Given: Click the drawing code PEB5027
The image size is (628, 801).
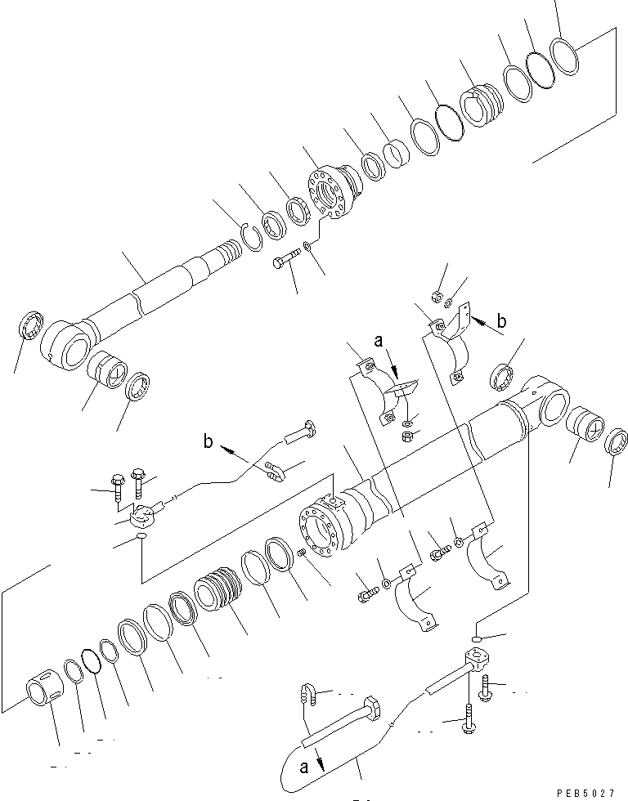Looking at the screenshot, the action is (x=585, y=793).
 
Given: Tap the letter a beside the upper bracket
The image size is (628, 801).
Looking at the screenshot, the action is (x=378, y=341).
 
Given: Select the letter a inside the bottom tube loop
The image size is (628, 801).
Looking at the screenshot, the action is (x=304, y=767).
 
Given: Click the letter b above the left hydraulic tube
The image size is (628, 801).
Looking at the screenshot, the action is (x=208, y=441).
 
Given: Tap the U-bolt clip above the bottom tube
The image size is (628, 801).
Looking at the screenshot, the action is (x=308, y=693).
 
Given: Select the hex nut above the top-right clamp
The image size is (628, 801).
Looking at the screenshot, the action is (x=436, y=296).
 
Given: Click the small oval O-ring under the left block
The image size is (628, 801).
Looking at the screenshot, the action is (x=141, y=535).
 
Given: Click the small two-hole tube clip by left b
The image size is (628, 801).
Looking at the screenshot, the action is (x=275, y=471).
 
